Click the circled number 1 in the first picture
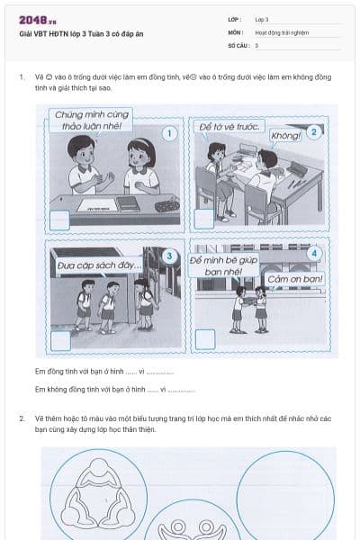(167, 134)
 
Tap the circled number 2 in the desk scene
(313, 131)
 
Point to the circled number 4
(312, 253)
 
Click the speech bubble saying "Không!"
(285, 136)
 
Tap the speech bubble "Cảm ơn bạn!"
(295, 279)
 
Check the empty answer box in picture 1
(60, 219)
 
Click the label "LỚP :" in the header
(237, 19)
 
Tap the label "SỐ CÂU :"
(239, 44)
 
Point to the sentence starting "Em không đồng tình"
(114, 390)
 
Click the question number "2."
(22, 419)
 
